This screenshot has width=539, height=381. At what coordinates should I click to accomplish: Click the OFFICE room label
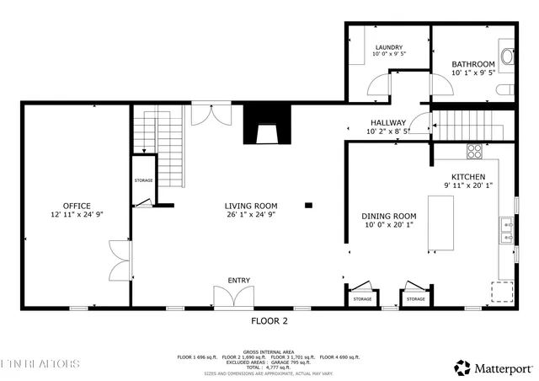pyautogui.click(x=76, y=206)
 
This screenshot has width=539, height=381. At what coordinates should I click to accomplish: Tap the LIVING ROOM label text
pyautogui.click(x=251, y=206)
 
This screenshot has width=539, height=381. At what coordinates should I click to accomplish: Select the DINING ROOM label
pyautogui.click(x=389, y=216)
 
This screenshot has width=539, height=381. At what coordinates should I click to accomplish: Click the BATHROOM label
pyautogui.click(x=472, y=64)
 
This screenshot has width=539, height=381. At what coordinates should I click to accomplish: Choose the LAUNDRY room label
pyautogui.click(x=388, y=47)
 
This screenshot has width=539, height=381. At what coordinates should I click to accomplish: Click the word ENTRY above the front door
pyautogui.click(x=238, y=281)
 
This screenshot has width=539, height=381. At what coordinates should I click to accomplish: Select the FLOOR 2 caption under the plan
pyautogui.click(x=269, y=321)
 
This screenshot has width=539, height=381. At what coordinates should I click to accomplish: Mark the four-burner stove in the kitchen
pyautogui.click(x=474, y=152)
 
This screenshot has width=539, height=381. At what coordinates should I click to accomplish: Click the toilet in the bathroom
pyautogui.click(x=507, y=56)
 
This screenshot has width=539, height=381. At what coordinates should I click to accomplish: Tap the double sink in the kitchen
pyautogui.click(x=508, y=230)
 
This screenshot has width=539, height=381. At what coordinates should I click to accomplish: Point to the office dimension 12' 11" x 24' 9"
pyautogui.click(x=76, y=215)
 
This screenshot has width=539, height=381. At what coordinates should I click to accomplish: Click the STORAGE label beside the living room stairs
pyautogui.click(x=143, y=180)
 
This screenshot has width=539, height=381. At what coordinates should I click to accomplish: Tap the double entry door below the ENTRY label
pyautogui.click(x=233, y=298)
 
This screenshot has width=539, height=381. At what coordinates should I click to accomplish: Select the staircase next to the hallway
pyautogui.click(x=465, y=126)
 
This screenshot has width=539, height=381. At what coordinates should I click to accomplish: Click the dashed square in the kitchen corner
pyautogui.click(x=503, y=292)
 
